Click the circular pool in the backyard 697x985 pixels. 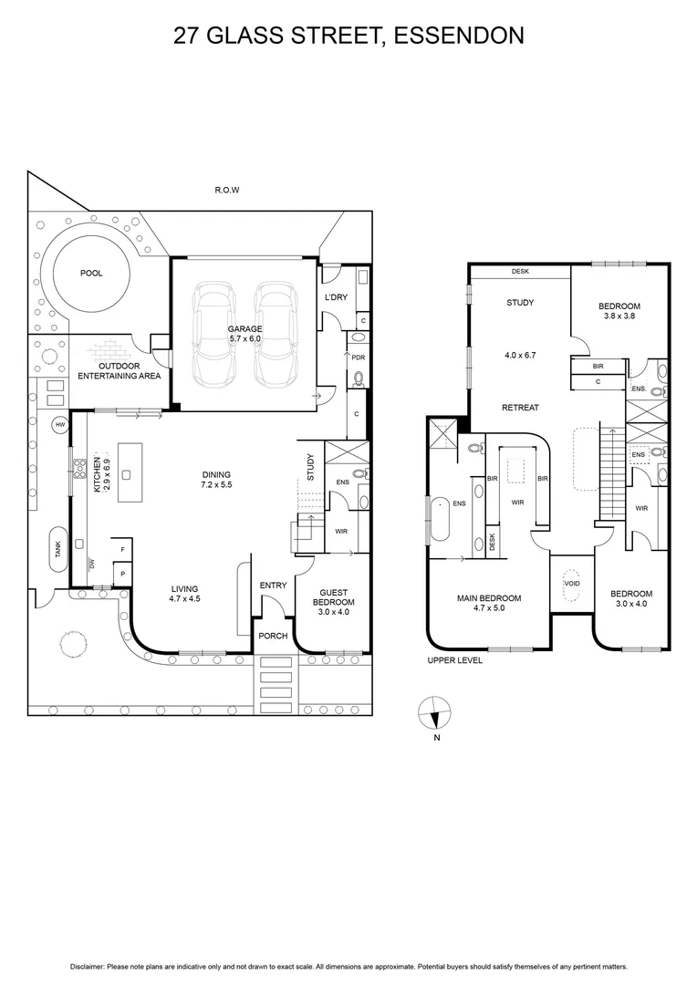click(92, 273)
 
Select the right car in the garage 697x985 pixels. click(274, 332)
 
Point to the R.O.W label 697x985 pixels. click(226, 191)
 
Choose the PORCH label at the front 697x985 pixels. click(274, 636)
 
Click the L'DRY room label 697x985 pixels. click(332, 299)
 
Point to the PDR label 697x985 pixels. click(359, 357)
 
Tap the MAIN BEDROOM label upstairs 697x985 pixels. click(489, 603)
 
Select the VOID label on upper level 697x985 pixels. click(572, 584)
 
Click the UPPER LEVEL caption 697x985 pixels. click(455, 660)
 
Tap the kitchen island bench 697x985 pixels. click(126, 461)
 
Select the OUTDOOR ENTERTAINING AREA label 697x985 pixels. click(119, 370)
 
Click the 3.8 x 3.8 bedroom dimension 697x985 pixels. click(619, 316)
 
